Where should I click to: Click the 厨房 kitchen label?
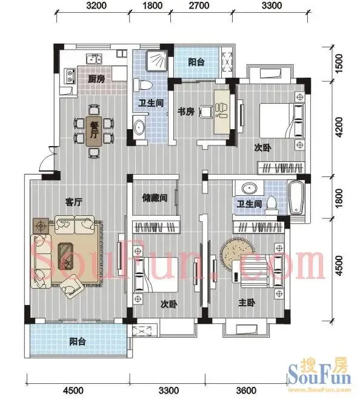tap(96, 79)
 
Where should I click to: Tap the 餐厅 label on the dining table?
tap(94, 130)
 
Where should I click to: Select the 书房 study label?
tap(186, 111)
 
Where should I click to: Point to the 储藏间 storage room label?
tap(155, 198)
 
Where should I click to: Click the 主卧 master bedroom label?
tap(247, 303)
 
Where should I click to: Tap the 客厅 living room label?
tap(74, 203)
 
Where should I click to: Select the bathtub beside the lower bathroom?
tap(296, 198)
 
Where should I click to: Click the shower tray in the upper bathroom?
tap(156, 60)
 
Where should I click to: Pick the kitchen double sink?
tap(94, 59)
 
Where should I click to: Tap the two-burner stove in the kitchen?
tap(70, 76)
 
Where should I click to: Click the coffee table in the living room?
tap(66, 256)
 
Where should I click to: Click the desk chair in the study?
tap(206, 112)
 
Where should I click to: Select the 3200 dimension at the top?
tap(96, 5)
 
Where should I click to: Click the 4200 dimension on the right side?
tap(339, 127)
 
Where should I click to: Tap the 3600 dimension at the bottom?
tap(246, 390)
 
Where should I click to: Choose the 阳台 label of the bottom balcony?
tap(78, 341)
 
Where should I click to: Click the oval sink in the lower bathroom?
tap(249, 189)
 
